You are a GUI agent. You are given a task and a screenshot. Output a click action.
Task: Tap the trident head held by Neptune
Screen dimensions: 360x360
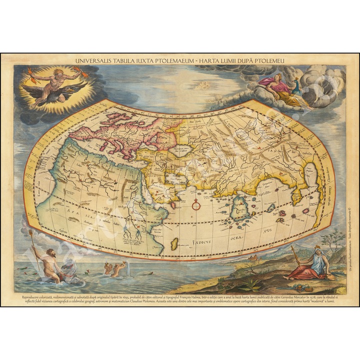(31, 233)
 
